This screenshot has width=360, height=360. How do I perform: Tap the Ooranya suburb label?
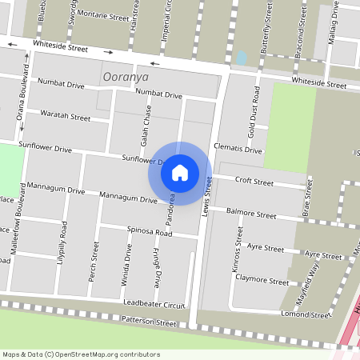tap(126, 77)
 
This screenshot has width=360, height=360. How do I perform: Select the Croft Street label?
tap(254, 182)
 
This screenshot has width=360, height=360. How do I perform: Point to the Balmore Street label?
tap(251, 214)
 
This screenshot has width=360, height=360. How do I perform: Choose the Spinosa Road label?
tap(150, 232)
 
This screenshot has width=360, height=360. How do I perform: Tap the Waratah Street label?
tap(66, 116)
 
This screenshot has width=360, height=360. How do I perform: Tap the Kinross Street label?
tap(238, 250)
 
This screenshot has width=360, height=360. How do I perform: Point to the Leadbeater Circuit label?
tap(154, 304)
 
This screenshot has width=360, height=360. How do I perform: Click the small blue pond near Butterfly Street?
tap(242, 58)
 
